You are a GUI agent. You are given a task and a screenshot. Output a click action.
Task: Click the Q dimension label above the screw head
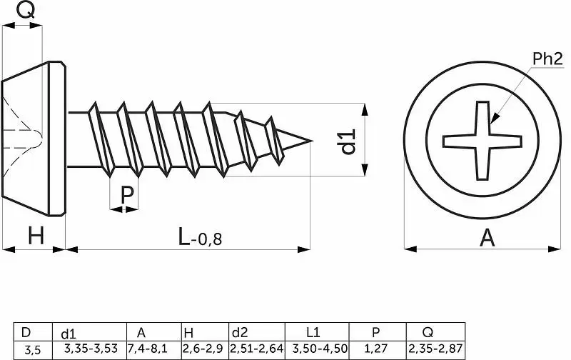click(x=26, y=10)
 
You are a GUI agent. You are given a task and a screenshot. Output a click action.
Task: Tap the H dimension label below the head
click(x=36, y=236)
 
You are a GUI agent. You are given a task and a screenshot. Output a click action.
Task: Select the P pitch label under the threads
click(x=127, y=195)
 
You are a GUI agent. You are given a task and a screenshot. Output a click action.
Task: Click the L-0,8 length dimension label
click(x=200, y=236)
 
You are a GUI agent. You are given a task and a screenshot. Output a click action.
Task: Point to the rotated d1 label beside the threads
click(x=348, y=141)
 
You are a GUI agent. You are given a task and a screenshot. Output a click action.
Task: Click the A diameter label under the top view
click(x=487, y=238)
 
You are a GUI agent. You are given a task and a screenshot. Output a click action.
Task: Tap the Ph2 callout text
click(x=547, y=59)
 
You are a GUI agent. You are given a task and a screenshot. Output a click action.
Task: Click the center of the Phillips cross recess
click(x=482, y=141)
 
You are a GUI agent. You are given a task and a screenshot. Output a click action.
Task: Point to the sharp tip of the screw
click(x=312, y=141)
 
